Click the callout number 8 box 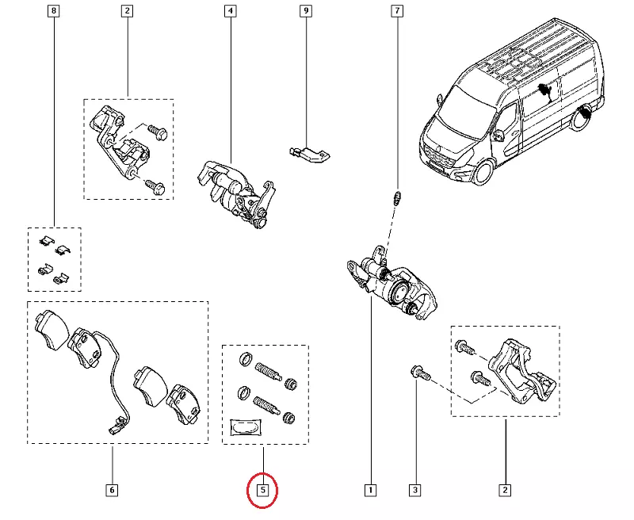(x=53, y=12)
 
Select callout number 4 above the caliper (x=230, y=12)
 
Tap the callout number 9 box (x=305, y=12)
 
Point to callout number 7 (x=397, y=12)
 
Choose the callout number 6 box (x=112, y=490)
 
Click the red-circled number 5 (x=263, y=490)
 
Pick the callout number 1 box (x=369, y=490)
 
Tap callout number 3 (x=414, y=490)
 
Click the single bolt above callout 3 (x=418, y=373)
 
